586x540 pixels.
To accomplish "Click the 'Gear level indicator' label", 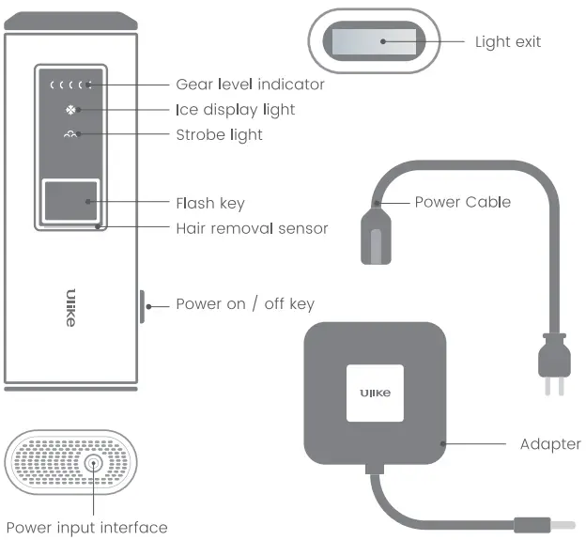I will (250, 85).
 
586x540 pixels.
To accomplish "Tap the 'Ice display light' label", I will (235, 110).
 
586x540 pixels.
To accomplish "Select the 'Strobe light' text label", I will (219, 135).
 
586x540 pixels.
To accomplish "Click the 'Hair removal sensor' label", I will (252, 228).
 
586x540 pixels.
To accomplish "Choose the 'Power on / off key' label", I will (245, 304).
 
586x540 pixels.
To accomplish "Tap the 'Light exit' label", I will (507, 41).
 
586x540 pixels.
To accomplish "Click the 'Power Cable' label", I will (462, 202).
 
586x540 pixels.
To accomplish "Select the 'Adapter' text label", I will (550, 443).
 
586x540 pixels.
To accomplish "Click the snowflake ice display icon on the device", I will (70, 110).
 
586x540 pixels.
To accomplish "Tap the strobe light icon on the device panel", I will (70, 135).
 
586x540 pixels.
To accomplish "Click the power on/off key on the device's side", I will (141, 305).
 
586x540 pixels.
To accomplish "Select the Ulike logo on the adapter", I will (375, 393).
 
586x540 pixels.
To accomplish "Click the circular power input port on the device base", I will (92, 464).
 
